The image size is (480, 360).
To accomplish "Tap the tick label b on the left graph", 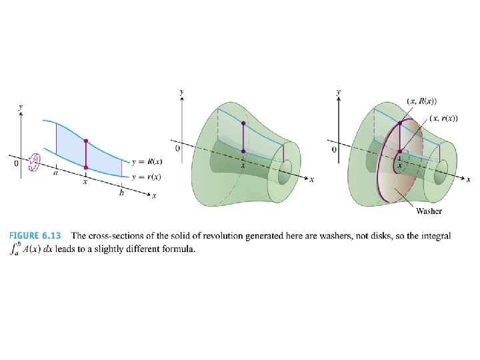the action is click(x=121, y=193).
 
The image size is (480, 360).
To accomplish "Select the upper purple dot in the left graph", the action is click(x=86, y=141).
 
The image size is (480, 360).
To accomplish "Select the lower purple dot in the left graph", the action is click(x=86, y=167).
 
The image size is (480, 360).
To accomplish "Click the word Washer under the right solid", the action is click(x=429, y=211).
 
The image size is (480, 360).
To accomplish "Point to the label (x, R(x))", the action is click(x=421, y=101).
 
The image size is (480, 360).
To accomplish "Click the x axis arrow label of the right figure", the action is click(x=469, y=180).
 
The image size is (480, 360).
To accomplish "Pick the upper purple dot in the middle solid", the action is click(x=243, y=124).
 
